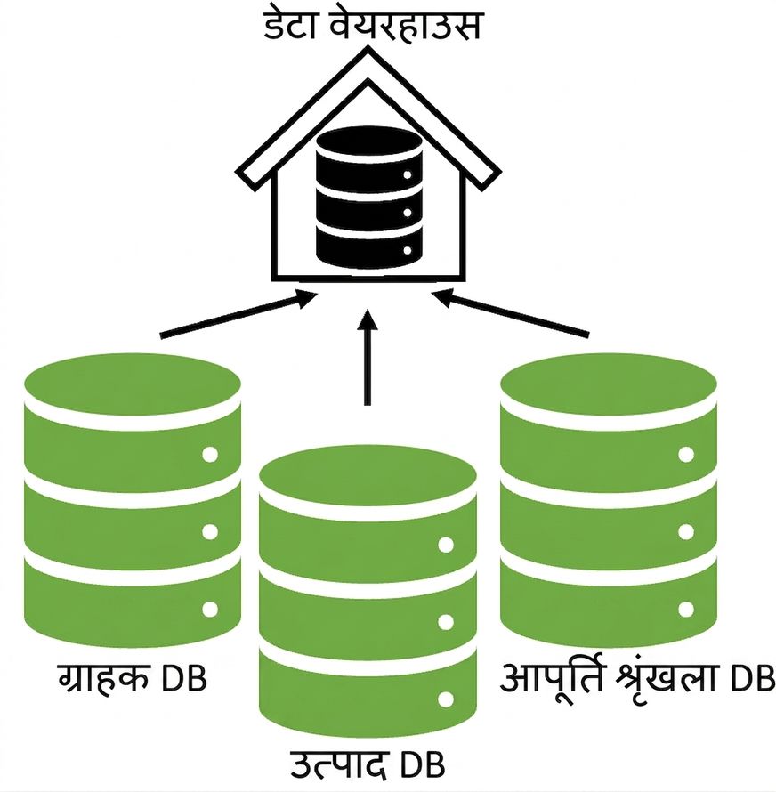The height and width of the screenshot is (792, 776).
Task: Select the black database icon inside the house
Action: (x=368, y=198)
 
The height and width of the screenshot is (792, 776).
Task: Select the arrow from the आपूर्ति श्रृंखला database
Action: (x=510, y=313)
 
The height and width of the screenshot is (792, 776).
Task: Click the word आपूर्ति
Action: (x=553, y=677)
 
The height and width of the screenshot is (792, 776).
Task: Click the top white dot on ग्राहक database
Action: (x=210, y=454)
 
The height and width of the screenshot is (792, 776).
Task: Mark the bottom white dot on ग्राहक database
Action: (x=210, y=610)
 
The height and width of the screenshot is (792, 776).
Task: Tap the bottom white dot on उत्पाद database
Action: (x=446, y=700)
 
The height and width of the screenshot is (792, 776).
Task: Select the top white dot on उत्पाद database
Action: (x=446, y=545)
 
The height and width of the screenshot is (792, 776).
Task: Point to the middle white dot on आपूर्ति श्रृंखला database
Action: (x=686, y=532)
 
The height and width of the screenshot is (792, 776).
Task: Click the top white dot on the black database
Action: (x=408, y=174)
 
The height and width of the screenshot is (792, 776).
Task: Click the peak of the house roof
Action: (x=368, y=48)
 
